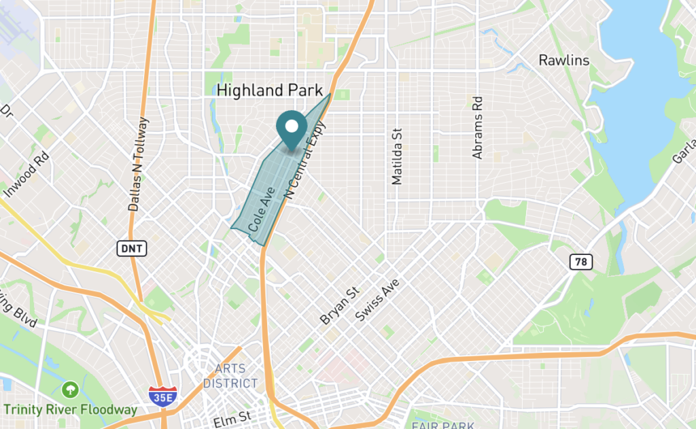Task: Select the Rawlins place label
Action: (x=563, y=61)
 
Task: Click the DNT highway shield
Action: (x=131, y=249)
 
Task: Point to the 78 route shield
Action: (x=581, y=262)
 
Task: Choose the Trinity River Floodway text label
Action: (x=70, y=409)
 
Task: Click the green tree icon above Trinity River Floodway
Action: (x=69, y=390)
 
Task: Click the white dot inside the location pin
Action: (x=292, y=126)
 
